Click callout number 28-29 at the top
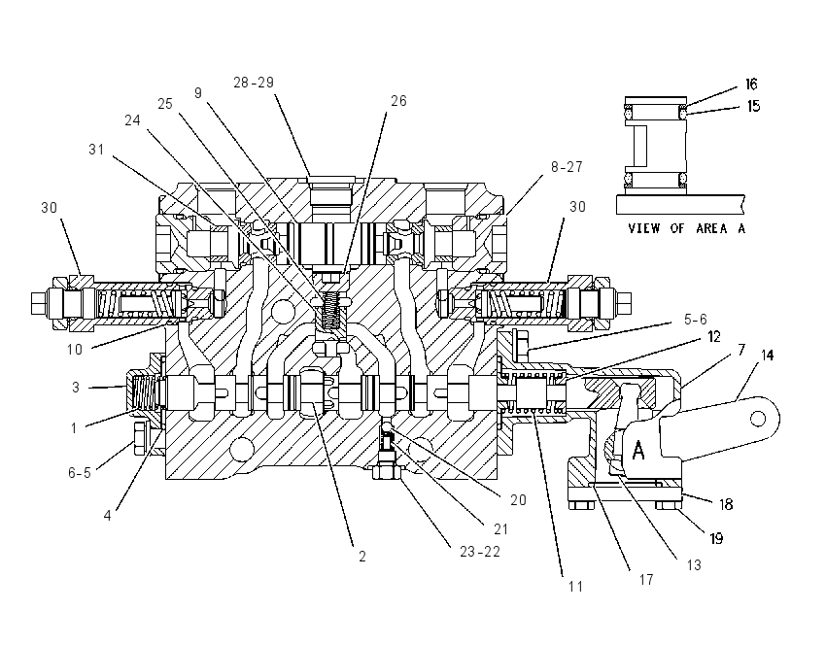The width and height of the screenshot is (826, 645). [254, 83]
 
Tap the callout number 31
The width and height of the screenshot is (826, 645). [96, 150]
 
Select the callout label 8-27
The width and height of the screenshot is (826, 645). [567, 167]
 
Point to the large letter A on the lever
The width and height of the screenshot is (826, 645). [637, 450]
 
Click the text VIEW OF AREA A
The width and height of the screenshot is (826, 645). [687, 228]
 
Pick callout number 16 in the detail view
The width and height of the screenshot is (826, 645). [751, 85]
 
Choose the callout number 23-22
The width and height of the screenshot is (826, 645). [480, 552]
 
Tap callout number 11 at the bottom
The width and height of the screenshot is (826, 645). [575, 586]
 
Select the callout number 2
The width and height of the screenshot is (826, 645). [361, 557]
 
